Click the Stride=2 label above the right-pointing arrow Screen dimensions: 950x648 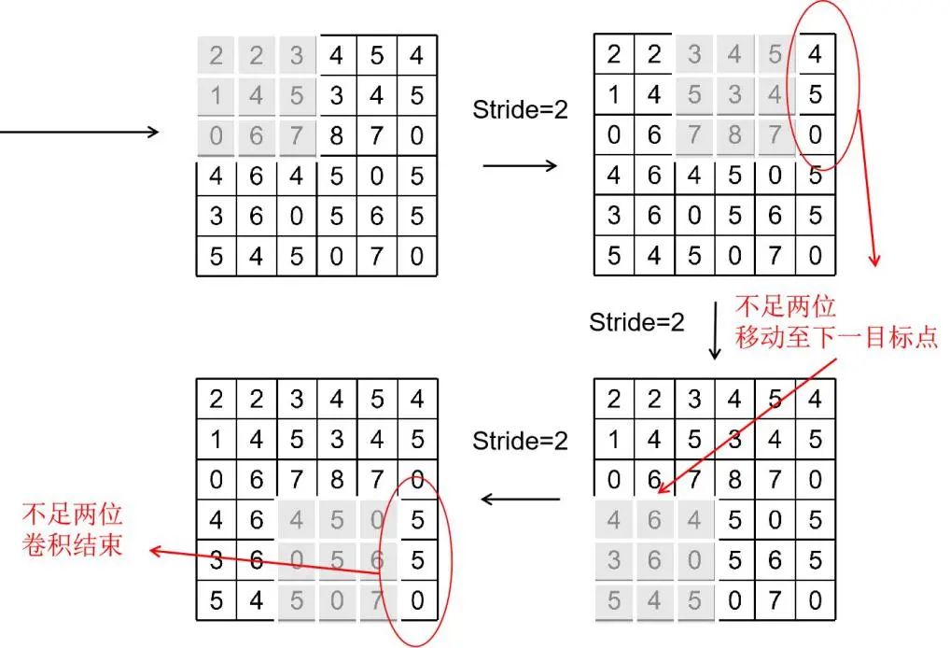coord(520,108)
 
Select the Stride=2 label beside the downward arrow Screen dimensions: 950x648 coord(636,322)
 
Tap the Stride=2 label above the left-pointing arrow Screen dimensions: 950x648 coord(520,441)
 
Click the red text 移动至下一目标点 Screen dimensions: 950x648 coord(836,336)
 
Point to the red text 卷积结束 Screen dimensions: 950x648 coord(72,544)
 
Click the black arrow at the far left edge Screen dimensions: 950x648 coord(79,132)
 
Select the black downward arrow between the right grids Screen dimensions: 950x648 coord(715,330)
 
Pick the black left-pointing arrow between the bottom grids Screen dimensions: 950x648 coord(521,500)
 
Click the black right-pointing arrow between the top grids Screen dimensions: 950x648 coord(520,166)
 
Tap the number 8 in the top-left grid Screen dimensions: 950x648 coord(336,136)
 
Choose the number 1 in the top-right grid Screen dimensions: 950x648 coord(613,94)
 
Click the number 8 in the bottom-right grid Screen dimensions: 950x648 coord(734,481)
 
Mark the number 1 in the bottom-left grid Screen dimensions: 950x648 coord(217,440)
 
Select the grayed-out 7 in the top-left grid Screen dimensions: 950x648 coord(297,136)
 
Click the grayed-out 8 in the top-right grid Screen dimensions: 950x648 coord(734,136)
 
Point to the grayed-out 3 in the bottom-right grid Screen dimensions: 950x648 coord(613,559)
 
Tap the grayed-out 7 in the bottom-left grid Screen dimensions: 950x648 coord(377,599)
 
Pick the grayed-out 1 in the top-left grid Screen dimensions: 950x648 coord(217,95)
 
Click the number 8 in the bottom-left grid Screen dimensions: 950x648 coord(337,481)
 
